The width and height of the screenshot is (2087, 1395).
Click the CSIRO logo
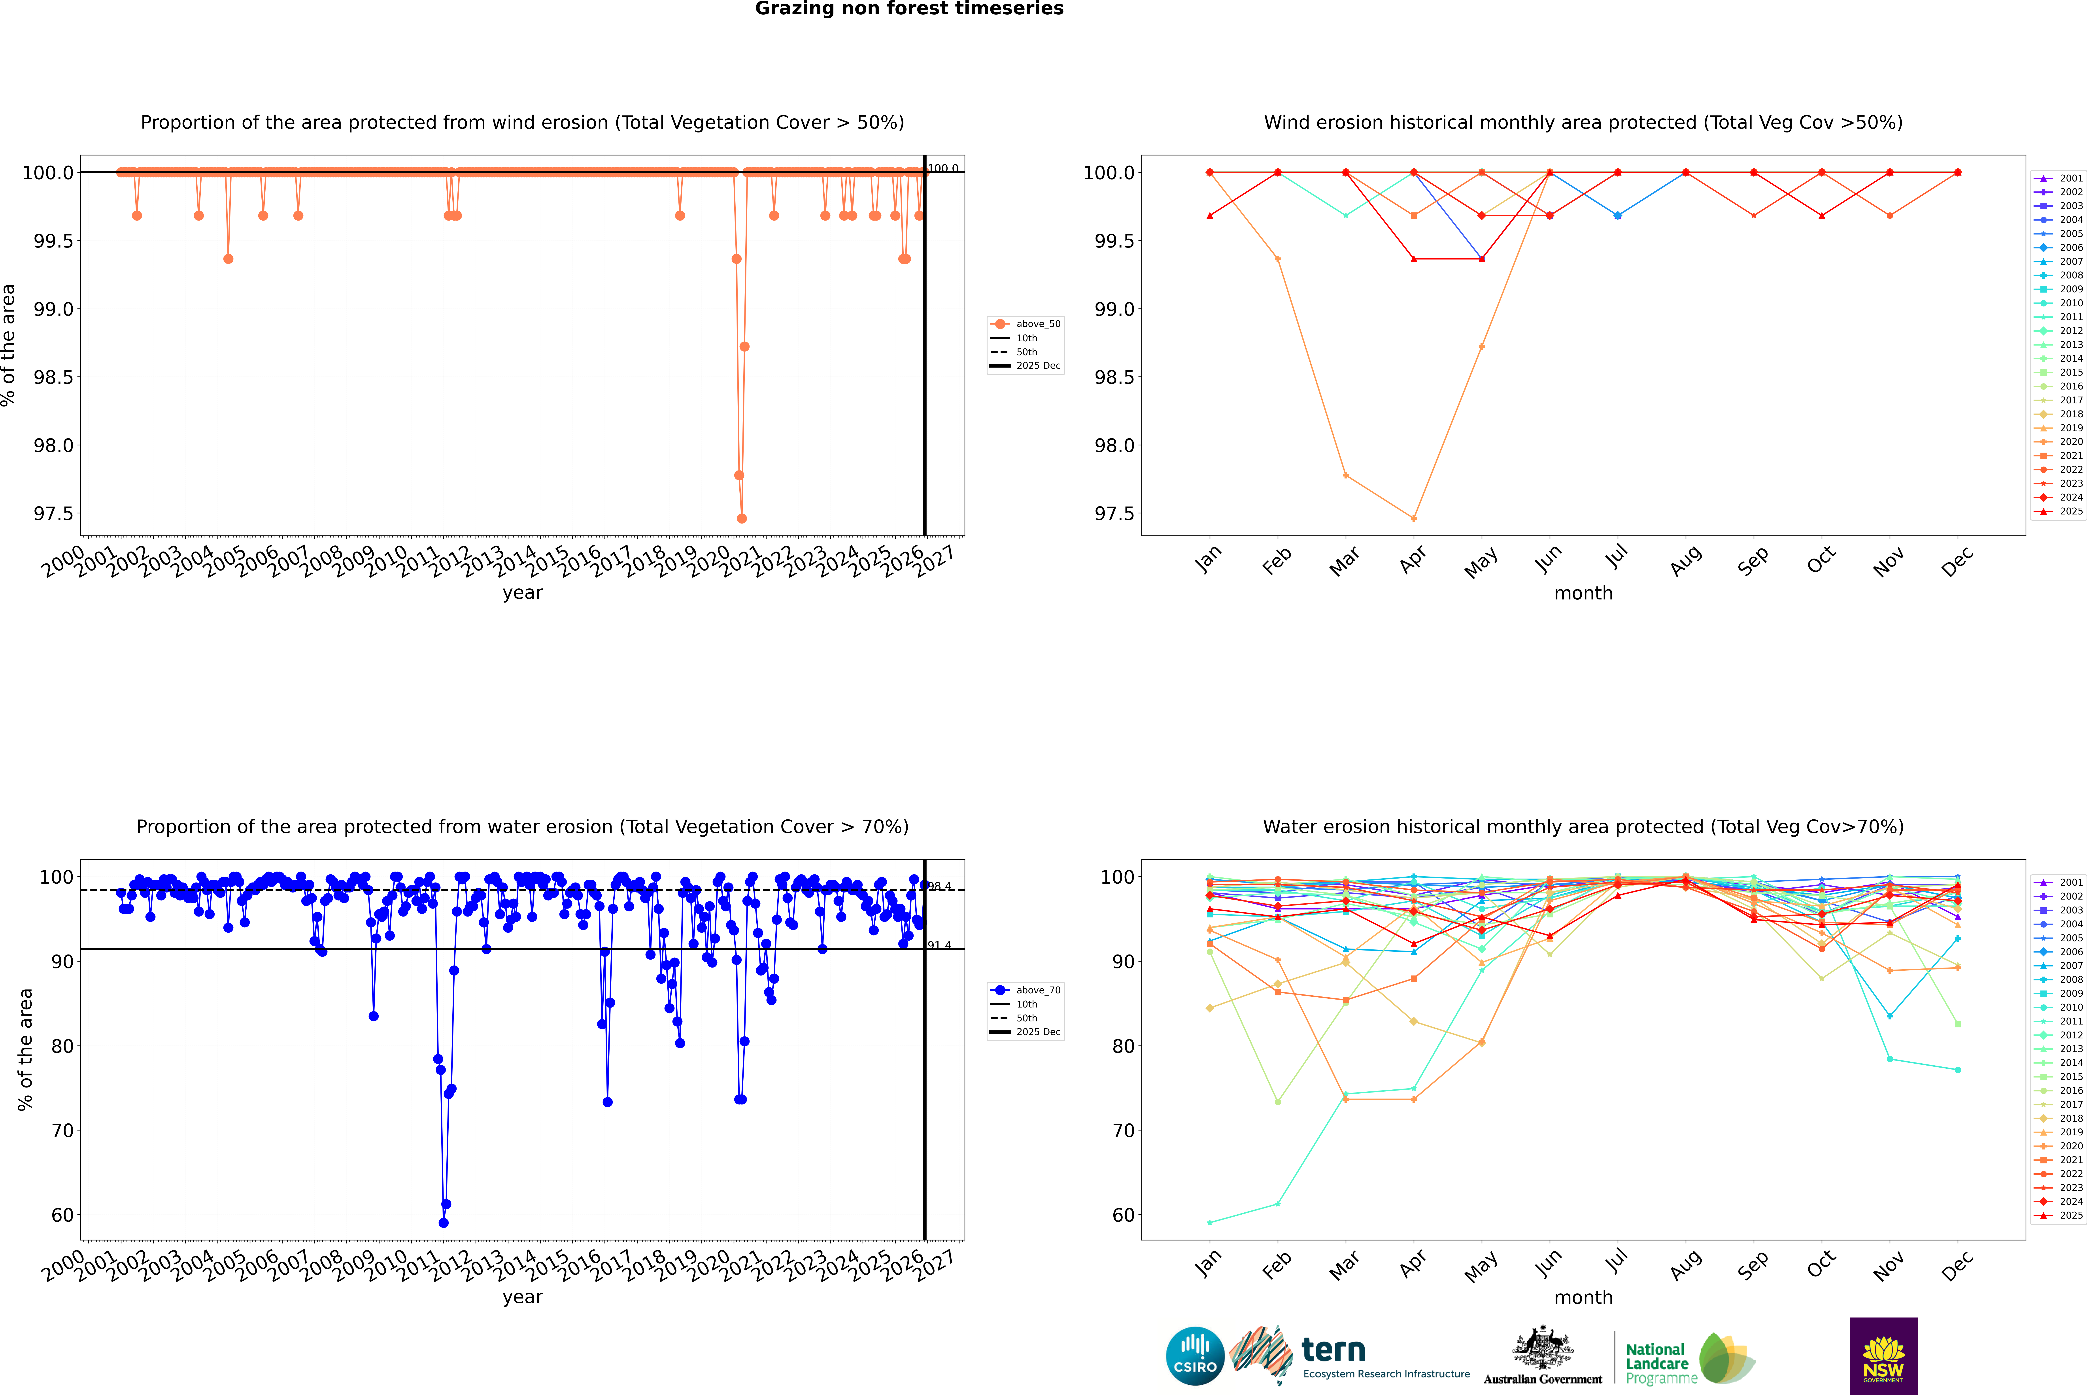[x=1195, y=1356]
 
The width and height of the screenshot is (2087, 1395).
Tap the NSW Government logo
[x=1883, y=1356]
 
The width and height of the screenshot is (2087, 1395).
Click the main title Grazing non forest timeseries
[x=909, y=9]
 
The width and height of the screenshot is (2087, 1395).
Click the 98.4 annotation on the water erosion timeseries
[x=939, y=886]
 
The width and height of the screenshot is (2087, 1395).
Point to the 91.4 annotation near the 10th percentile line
[x=939, y=945]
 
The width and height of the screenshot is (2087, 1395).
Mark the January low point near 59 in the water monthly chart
[x=1210, y=1222]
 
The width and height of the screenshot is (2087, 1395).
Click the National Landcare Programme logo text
[x=1656, y=1364]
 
